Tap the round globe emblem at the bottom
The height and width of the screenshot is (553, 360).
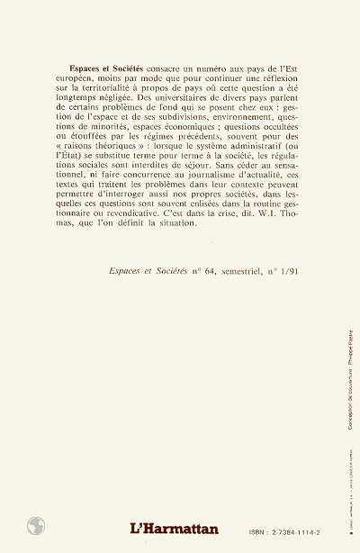[37, 526]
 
